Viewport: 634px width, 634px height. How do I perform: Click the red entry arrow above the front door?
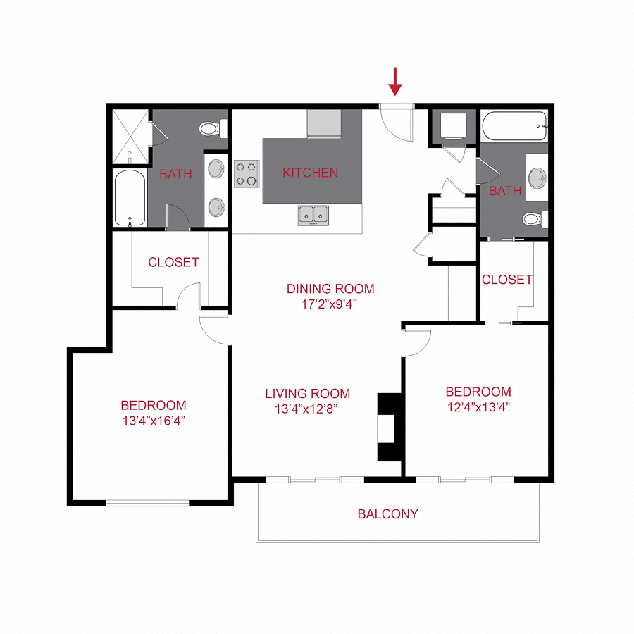[395, 81]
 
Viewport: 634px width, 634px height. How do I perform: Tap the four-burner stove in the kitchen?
[247, 174]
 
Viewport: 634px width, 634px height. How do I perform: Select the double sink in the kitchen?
[312, 214]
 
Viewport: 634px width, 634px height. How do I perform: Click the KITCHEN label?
[310, 173]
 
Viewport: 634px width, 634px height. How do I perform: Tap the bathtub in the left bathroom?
[130, 198]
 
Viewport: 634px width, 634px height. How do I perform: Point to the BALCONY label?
[387, 514]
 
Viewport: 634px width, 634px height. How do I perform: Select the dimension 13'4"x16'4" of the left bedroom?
[154, 421]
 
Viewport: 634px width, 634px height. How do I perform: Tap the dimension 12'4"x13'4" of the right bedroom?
[478, 406]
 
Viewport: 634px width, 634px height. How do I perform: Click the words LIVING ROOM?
[307, 394]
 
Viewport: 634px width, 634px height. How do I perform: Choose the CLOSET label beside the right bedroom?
[507, 280]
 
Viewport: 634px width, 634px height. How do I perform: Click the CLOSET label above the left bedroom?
[173, 263]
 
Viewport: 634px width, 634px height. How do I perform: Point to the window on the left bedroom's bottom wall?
[148, 502]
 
